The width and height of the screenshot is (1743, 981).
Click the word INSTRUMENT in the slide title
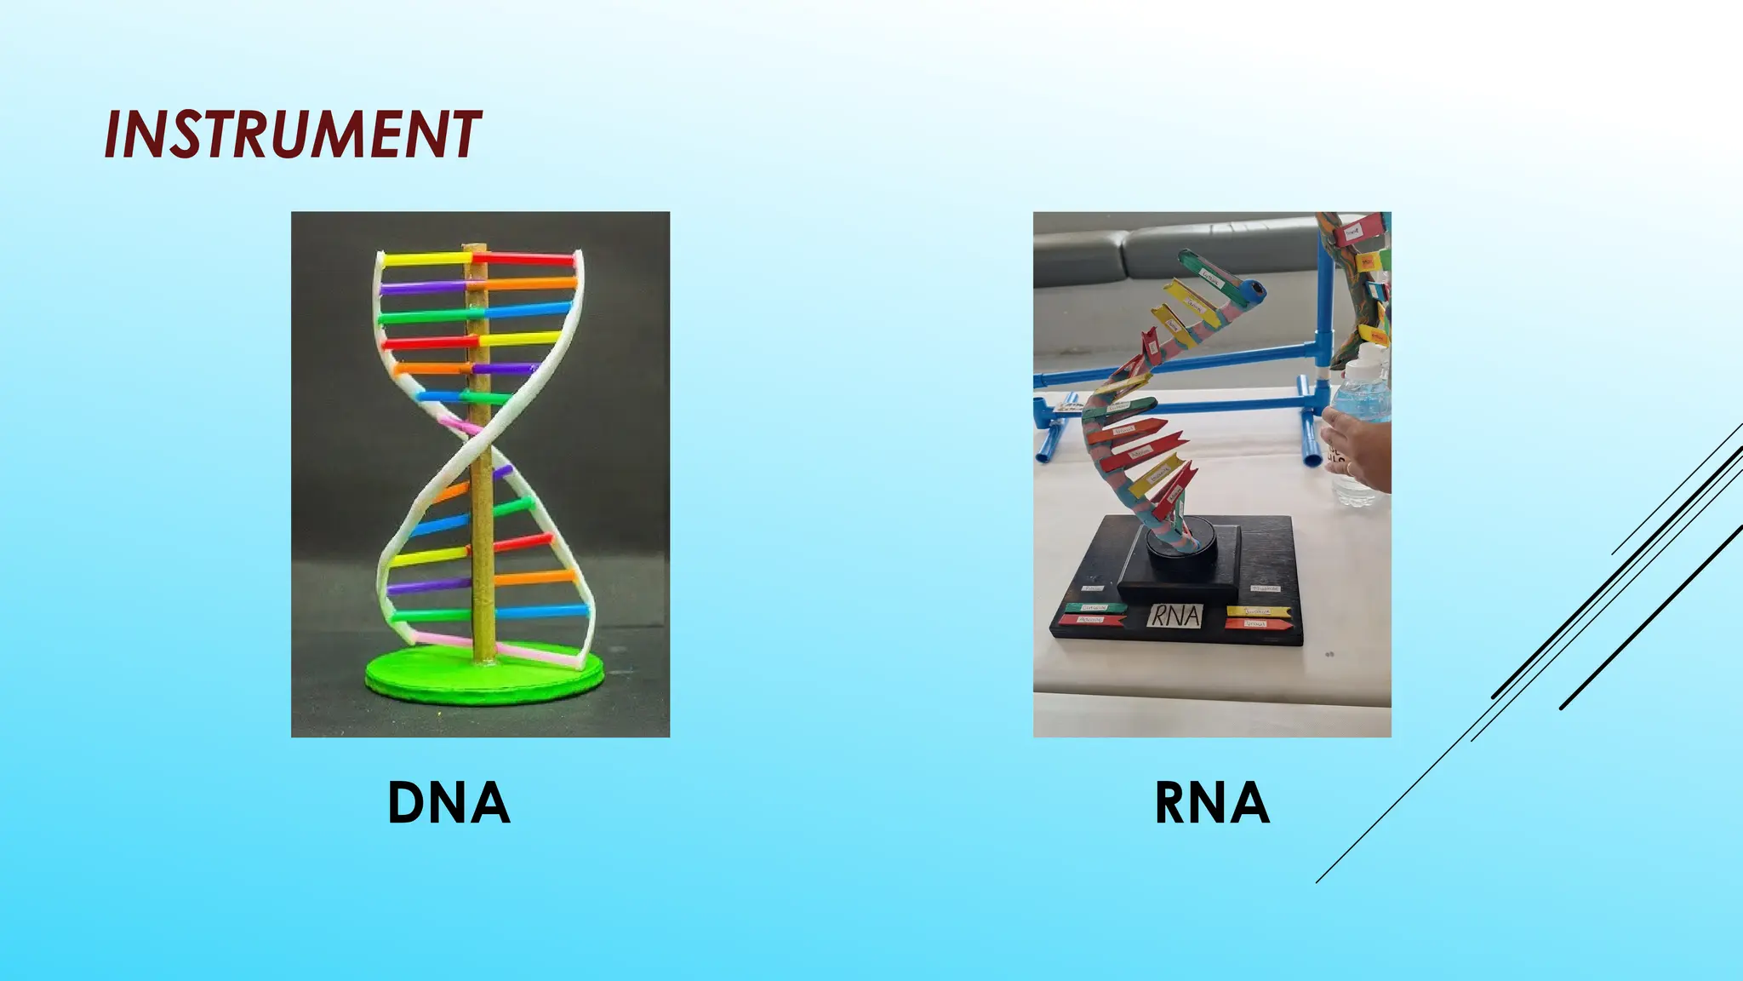292,135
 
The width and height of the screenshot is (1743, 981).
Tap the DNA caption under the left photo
449,803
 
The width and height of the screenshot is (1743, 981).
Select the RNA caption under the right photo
1211,803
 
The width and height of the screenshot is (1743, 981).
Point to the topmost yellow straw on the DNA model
424,257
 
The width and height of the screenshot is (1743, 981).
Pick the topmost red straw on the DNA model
523,258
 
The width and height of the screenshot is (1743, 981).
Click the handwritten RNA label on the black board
1175,615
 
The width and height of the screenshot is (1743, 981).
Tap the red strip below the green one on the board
1091,620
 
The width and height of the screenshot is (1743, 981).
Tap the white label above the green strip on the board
1092,588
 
